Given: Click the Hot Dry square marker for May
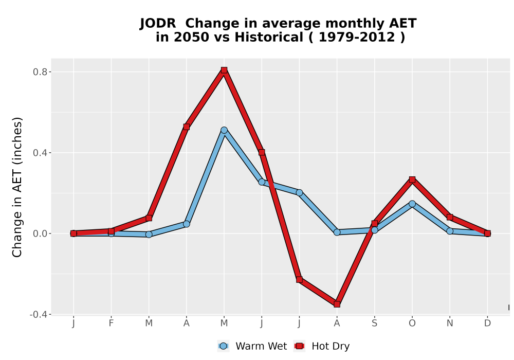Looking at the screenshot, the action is click(224, 70).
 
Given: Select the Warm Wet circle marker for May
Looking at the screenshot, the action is click(224, 130).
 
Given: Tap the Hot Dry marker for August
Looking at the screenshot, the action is click(337, 304).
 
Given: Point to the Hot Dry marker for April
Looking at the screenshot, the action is click(187, 127).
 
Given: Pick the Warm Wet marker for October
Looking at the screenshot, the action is click(412, 204).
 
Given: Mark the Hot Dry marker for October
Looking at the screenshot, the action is click(412, 179).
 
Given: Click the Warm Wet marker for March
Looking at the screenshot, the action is click(149, 235).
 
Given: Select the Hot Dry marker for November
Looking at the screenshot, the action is click(450, 217).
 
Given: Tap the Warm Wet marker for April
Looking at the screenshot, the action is click(187, 224).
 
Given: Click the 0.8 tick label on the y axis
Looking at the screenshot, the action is click(40, 72).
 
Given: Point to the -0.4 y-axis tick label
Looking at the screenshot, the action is click(38, 314).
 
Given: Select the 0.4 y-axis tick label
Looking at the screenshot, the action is click(40, 153).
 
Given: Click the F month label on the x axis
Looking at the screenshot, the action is click(111, 323).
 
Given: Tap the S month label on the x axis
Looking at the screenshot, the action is click(374, 323).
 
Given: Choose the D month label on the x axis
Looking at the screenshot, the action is click(487, 323).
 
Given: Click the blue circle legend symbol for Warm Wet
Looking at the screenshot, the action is click(223, 346).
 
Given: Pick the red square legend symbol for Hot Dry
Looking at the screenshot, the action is click(299, 346).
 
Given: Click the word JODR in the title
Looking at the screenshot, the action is click(158, 24).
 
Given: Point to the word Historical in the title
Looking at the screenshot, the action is click(269, 38).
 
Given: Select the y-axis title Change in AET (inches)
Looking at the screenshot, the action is click(17, 187).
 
